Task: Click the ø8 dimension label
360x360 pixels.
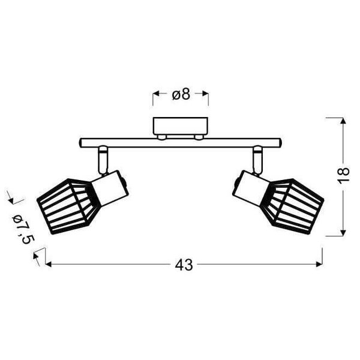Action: click(x=181, y=94)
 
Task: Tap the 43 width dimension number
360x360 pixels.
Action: click(x=184, y=265)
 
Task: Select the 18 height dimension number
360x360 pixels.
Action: click(x=343, y=175)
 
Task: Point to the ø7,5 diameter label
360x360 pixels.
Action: click(x=23, y=230)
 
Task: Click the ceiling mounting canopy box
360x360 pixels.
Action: click(x=181, y=126)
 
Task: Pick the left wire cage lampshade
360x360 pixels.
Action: click(x=67, y=206)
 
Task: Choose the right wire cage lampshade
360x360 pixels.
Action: click(x=293, y=206)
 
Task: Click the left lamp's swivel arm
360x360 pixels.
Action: click(x=102, y=160)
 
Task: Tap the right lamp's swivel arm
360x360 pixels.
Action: click(x=258, y=160)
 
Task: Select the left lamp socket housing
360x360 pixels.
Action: click(x=110, y=188)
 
